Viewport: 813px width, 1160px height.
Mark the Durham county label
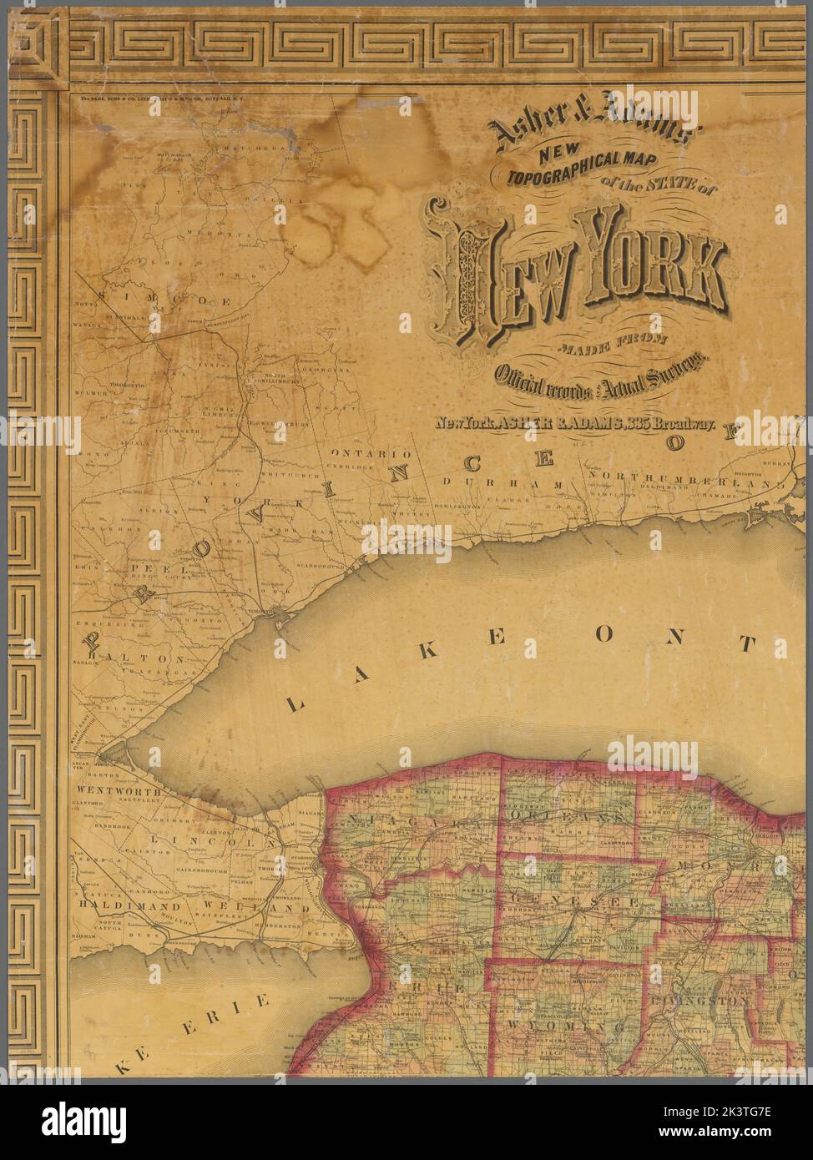pyautogui.click(x=484, y=483)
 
